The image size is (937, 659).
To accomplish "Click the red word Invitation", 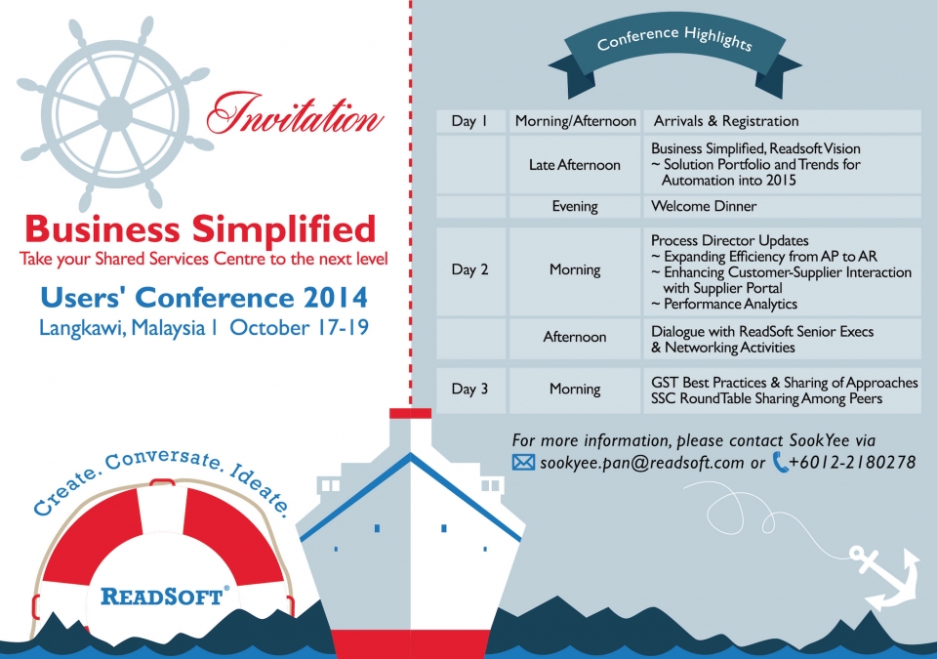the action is pos(295,115).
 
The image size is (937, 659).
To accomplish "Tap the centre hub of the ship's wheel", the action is pos(115,113).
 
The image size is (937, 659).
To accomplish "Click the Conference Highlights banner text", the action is pos(674,39).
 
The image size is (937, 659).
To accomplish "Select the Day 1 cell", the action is pos(470,121).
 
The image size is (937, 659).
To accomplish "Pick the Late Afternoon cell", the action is pos(575,164).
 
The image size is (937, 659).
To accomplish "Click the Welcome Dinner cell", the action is pos(782,206).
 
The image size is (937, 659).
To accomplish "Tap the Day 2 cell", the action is pos(470,270).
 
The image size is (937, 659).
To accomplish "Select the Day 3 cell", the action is pos(470,390).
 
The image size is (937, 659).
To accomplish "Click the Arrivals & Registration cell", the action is pos(782,121).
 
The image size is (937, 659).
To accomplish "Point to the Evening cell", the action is pos(575,206).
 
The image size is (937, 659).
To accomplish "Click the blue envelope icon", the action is pos(523,462).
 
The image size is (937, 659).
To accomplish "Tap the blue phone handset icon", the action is pos(780,462).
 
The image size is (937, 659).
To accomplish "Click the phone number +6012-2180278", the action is pos(852,462).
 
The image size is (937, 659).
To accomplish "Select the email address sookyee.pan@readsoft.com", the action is pos(642,463).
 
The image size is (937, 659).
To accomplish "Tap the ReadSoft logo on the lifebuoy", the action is pos(164,597).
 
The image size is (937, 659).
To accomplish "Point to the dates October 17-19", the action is pos(299,328).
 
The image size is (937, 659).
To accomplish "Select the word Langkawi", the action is pos(82,329).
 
